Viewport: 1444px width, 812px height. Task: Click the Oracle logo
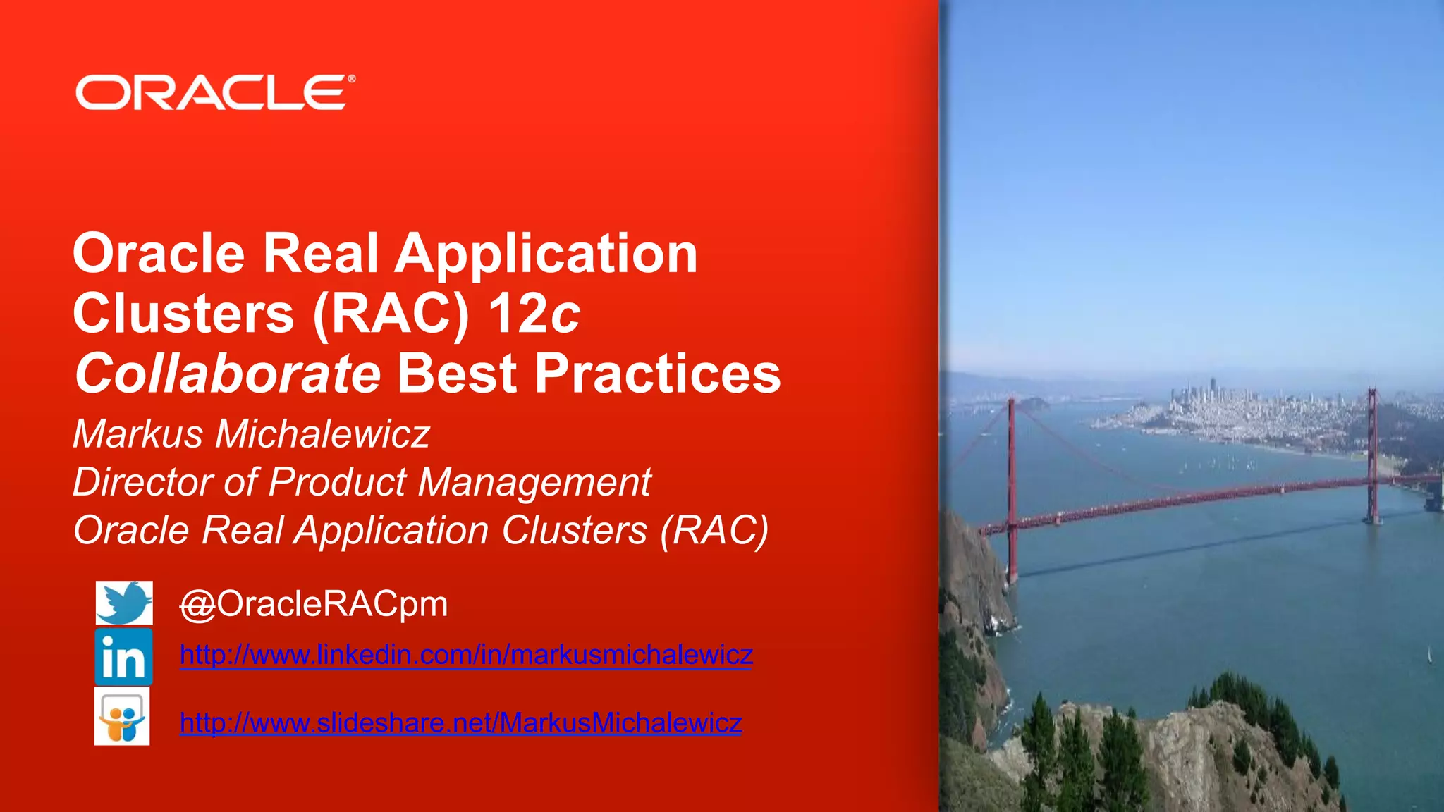coord(212,93)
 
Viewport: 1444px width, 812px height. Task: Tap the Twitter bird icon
coord(124,603)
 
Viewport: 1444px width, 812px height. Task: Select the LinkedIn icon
coord(124,657)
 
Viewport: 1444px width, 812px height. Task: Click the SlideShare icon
coord(123,717)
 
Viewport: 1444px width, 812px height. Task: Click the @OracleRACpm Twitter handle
coord(314,604)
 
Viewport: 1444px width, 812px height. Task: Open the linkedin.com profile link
coord(466,655)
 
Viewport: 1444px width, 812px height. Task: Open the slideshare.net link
coord(460,722)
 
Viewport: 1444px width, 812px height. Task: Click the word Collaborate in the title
coord(228,374)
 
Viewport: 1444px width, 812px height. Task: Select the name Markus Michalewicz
coord(251,433)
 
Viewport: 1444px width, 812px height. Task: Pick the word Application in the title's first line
coord(546,254)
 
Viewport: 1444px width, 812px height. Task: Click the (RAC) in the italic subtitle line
coord(714,531)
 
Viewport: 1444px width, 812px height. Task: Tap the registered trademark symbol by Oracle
coord(351,79)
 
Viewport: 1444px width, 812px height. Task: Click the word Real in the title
coord(320,254)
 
